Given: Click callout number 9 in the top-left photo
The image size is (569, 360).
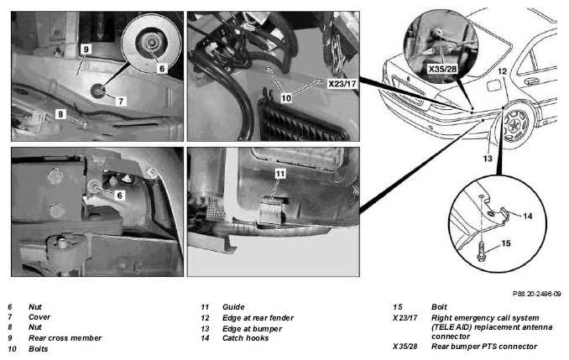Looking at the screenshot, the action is tap(86, 49).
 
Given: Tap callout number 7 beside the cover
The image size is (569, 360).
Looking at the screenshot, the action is tap(121, 102).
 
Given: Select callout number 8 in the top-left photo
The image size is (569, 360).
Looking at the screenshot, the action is tap(60, 114).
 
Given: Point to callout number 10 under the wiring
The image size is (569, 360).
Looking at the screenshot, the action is tap(286, 98).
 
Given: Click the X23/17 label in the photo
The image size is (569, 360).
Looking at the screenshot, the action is tap(342, 84).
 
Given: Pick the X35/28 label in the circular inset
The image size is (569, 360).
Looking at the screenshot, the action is tap(442, 69).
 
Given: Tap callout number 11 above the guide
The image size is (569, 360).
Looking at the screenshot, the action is tap(279, 174).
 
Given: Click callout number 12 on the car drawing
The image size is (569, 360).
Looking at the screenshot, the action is tap(502, 71).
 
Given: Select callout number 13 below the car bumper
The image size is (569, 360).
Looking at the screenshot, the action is tap(488, 159).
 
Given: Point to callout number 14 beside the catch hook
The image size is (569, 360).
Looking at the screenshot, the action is tap(528, 217).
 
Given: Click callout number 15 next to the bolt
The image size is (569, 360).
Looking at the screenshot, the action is tap(506, 243).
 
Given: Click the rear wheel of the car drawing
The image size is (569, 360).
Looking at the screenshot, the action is tap(515, 125).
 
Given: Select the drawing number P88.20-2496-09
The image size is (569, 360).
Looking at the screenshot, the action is tap(537, 294).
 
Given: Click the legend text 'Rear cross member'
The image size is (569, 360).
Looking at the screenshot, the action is tap(65, 338).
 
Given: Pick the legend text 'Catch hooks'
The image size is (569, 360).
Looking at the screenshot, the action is tap(245, 338).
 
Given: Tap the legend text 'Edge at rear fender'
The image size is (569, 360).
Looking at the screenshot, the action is tap(258, 318).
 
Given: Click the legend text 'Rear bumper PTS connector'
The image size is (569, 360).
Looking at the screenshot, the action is tap(484, 347).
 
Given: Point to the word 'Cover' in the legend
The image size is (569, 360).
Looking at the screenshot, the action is tap(39, 317).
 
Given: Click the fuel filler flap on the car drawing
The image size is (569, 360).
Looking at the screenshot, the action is tap(493, 86).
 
